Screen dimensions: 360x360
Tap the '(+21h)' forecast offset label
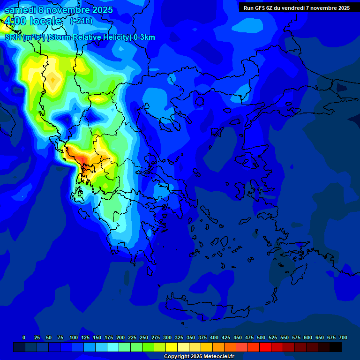(81, 21)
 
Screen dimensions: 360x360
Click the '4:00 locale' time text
(33, 22)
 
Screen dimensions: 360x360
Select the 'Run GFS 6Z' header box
(297, 8)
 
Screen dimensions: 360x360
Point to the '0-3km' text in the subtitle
(144, 37)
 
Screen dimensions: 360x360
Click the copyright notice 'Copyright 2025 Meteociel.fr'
(199, 356)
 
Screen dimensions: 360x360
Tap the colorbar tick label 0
(24, 337)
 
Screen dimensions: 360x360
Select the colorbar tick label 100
(74, 337)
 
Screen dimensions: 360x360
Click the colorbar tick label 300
(167, 337)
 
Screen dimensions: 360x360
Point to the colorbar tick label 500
(261, 337)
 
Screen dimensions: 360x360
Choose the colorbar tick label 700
(343, 337)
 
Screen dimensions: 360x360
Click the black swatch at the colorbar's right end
(336, 347)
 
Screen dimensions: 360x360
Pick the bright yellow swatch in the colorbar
(172, 347)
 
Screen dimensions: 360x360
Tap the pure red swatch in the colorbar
(265, 347)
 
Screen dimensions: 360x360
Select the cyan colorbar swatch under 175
(113, 347)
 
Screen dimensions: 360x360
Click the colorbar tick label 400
(214, 337)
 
